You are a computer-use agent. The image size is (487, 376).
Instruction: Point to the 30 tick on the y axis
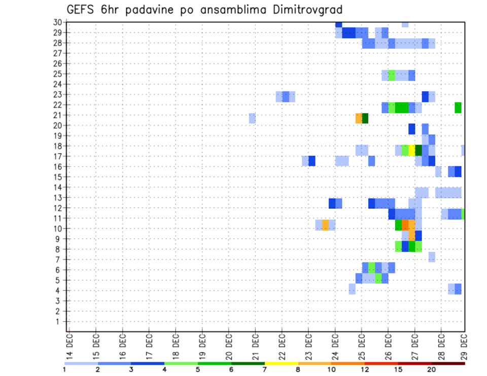[x=57, y=22]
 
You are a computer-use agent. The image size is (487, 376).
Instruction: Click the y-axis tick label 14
[x=57, y=187]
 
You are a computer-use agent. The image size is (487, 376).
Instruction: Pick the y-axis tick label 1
[x=59, y=321]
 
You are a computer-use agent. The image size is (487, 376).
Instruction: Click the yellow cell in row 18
[x=412, y=151]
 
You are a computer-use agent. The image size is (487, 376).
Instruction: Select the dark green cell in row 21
[x=365, y=118]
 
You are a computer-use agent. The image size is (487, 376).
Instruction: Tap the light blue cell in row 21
[x=252, y=118]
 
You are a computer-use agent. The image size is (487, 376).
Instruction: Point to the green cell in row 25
[x=392, y=76]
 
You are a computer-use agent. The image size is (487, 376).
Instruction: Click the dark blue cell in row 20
[x=412, y=129]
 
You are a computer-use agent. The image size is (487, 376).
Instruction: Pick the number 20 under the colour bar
[x=431, y=369]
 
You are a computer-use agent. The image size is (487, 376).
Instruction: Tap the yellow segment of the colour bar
[x=282, y=363]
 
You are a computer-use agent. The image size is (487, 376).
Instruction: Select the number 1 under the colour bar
[x=64, y=369]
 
